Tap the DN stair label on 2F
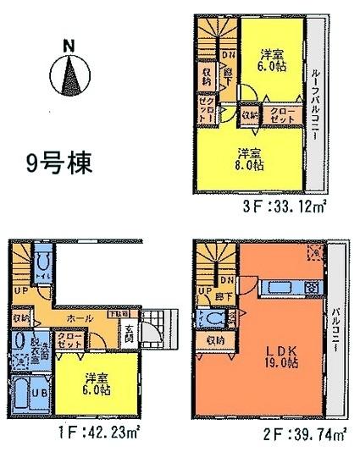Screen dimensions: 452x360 (226, 280)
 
